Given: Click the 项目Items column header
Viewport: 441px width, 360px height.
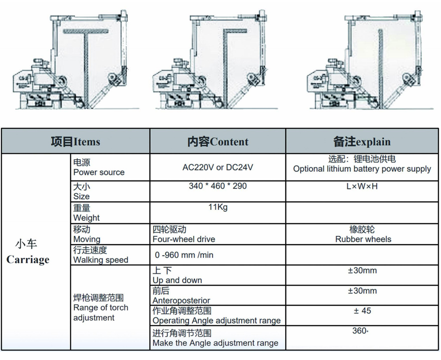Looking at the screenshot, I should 75,142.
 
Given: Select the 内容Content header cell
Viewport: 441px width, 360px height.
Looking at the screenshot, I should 218,142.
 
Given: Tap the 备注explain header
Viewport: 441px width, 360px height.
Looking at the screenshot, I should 362,142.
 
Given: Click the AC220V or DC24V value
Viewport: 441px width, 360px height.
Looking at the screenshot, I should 218,167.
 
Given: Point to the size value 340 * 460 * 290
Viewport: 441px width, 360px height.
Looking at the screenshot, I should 218,186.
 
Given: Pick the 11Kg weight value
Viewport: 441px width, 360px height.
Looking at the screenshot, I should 218,207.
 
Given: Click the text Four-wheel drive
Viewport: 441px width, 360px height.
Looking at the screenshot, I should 184,239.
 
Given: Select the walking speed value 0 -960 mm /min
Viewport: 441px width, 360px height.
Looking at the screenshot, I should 184,255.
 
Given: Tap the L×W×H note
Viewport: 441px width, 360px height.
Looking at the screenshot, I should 362,186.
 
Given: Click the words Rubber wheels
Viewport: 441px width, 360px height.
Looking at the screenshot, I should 363,239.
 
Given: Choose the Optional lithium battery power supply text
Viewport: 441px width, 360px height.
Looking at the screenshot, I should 362,169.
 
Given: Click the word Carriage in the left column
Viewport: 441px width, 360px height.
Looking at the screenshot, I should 28,260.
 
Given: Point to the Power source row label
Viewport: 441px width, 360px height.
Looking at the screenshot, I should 99,173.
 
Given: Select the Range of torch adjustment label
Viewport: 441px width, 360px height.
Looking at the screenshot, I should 101,308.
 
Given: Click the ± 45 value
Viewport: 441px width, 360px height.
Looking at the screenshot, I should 362,311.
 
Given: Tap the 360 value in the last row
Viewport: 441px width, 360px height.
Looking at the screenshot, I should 360,331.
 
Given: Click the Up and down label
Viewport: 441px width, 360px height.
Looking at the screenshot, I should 177,280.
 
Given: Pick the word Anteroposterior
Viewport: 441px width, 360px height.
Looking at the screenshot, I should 181,301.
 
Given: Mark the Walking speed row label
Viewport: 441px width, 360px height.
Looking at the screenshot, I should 101,260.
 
